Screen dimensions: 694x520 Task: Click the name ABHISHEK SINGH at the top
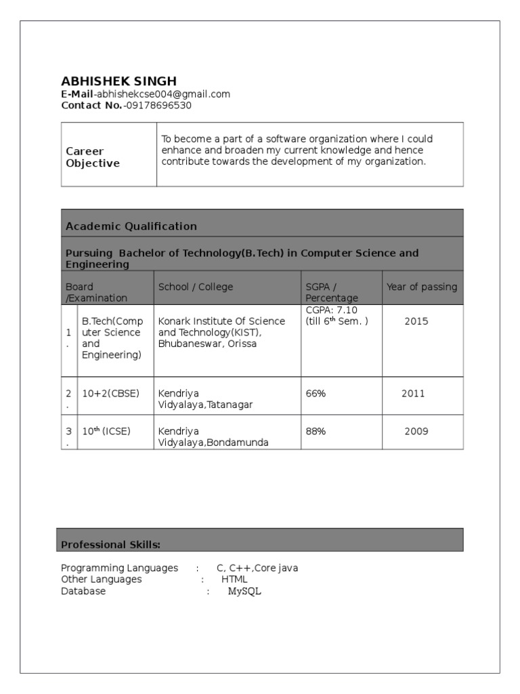tap(118, 81)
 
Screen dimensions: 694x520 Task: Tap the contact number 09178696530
tap(158, 105)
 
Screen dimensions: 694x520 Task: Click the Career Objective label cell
tap(93, 157)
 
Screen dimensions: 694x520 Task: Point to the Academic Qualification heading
tap(131, 226)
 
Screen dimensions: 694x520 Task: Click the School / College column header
tap(195, 287)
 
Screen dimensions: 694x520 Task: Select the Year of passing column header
tap(421, 287)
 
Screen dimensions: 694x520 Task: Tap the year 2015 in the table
tap(416, 321)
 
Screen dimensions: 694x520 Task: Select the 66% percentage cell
tap(316, 394)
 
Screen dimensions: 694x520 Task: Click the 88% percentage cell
tap(316, 431)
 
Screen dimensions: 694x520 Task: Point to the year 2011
tap(413, 394)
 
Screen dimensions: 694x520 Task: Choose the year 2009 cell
tap(416, 431)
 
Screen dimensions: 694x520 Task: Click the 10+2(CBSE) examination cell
tap(110, 394)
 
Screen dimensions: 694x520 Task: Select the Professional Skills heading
tap(110, 544)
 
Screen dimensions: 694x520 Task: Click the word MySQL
tap(244, 591)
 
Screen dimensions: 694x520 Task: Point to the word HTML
tap(234, 579)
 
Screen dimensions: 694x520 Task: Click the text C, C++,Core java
tap(257, 568)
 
